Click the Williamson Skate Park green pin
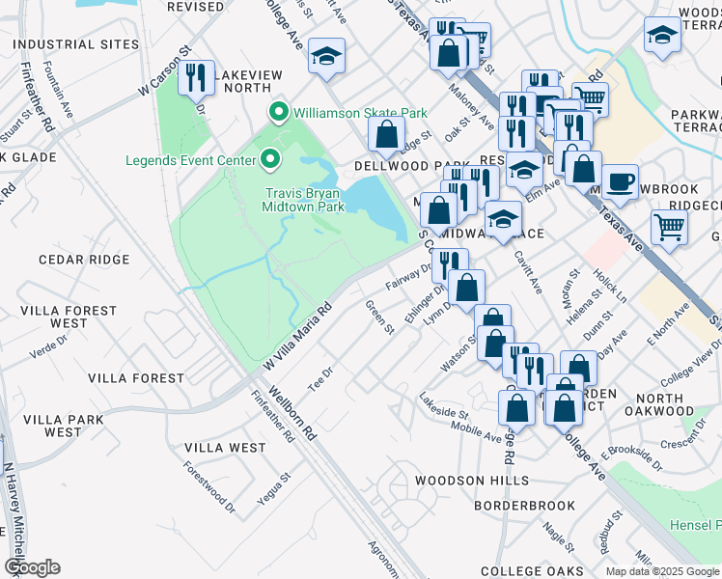(x=279, y=114)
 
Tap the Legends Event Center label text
(x=190, y=158)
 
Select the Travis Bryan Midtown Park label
(x=305, y=199)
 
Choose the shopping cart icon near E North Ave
(x=669, y=228)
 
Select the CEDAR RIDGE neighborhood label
(x=84, y=260)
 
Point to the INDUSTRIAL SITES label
(x=69, y=44)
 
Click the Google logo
(x=32, y=567)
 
